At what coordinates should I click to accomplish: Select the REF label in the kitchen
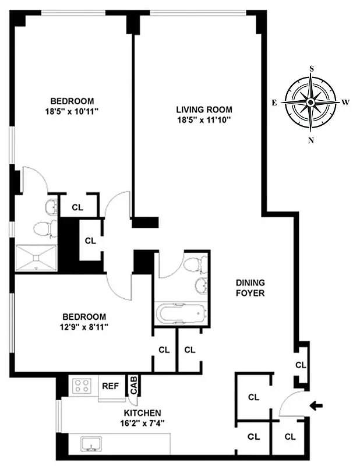point(111,386)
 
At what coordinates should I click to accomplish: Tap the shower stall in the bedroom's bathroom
point(36,258)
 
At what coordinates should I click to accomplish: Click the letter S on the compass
point(312,68)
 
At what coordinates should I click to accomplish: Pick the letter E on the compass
point(274,103)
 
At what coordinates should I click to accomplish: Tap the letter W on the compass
point(345,103)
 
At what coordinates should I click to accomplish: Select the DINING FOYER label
point(250,288)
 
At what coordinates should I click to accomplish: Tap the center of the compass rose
point(311,103)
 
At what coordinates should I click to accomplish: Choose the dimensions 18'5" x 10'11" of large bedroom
point(71,111)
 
